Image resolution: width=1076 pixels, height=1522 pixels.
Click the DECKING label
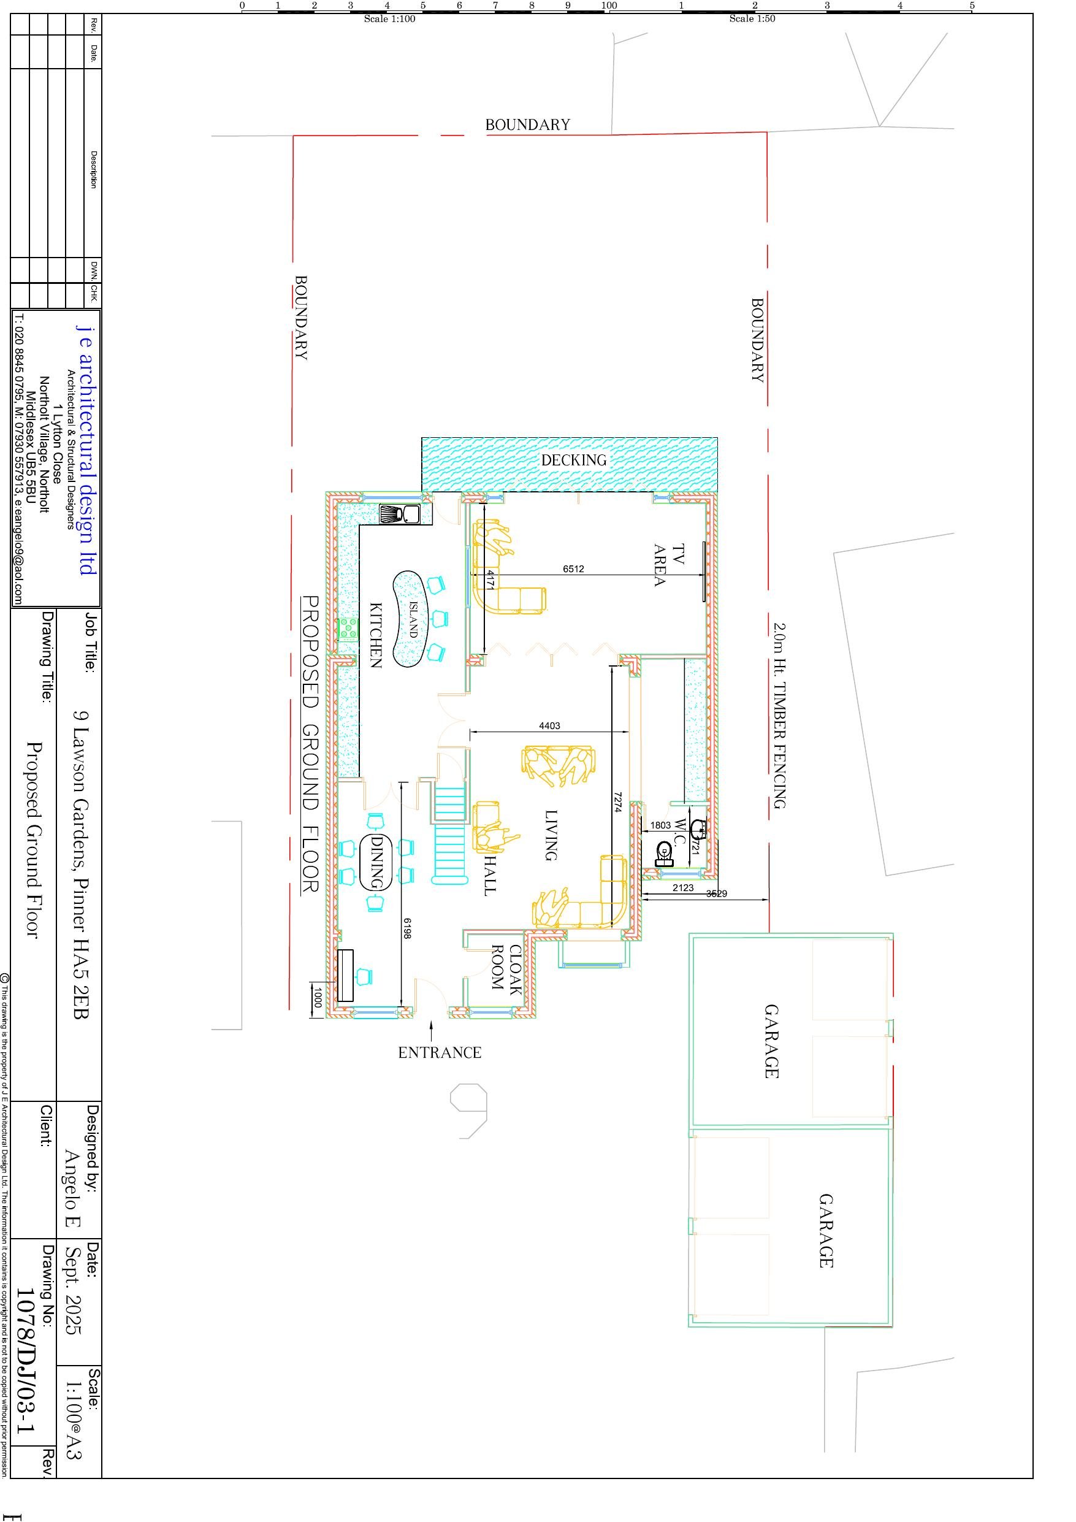pyautogui.click(x=573, y=460)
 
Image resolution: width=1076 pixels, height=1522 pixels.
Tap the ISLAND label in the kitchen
pyautogui.click(x=413, y=619)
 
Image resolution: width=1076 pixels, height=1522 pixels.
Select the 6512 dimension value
pyautogui.click(x=573, y=569)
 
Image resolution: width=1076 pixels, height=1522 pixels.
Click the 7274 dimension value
pyautogui.click(x=617, y=802)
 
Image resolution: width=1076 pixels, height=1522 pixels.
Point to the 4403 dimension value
pyautogui.click(x=549, y=726)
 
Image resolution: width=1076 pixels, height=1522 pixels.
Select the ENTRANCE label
pyautogui.click(x=440, y=1053)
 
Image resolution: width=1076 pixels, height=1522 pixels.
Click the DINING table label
pyautogui.click(x=376, y=862)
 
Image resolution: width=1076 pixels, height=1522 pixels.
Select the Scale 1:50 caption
pyautogui.click(x=752, y=18)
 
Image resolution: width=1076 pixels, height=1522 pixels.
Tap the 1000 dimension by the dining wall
pyautogui.click(x=318, y=998)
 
